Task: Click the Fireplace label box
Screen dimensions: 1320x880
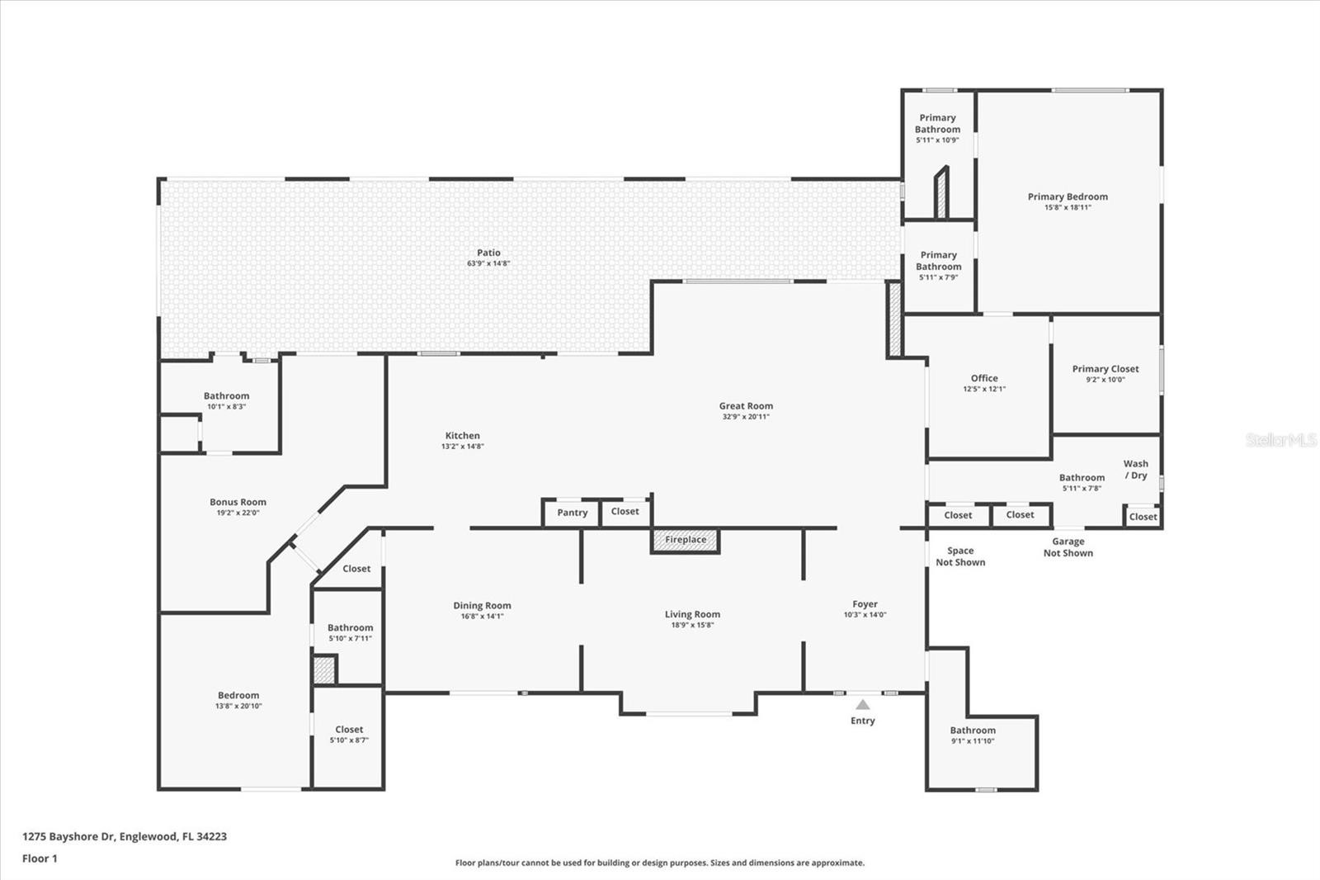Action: pyautogui.click(x=686, y=540)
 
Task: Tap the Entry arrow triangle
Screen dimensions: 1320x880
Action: pyautogui.click(x=863, y=704)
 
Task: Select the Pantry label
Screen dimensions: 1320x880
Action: pyautogui.click(x=573, y=513)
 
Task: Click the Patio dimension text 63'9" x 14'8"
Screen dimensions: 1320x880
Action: pyautogui.click(x=488, y=263)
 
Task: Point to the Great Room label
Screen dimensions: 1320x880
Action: pyautogui.click(x=746, y=406)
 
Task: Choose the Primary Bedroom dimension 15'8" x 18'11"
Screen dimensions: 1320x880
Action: pyautogui.click(x=1068, y=207)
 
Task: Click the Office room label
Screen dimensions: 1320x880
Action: pyautogui.click(x=985, y=378)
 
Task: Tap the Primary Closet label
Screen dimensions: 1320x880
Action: pyautogui.click(x=1105, y=369)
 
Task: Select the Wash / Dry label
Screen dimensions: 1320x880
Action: pyautogui.click(x=1135, y=470)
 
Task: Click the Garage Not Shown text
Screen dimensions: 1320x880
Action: pyautogui.click(x=1068, y=547)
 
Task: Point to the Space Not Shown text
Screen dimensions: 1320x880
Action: pyautogui.click(x=960, y=556)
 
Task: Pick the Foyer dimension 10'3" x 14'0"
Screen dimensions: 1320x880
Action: pyautogui.click(x=865, y=614)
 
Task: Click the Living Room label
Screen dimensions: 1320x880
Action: pyautogui.click(x=692, y=614)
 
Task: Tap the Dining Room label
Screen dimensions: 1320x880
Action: pyautogui.click(x=482, y=605)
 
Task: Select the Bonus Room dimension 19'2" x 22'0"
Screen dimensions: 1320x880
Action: pyautogui.click(x=238, y=513)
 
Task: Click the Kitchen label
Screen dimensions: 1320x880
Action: pyautogui.click(x=463, y=435)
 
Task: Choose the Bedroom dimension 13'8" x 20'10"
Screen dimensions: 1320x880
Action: pyautogui.click(x=238, y=706)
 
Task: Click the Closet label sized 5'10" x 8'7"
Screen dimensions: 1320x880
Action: pyautogui.click(x=349, y=729)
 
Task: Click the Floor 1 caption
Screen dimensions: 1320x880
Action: pyautogui.click(x=40, y=859)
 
